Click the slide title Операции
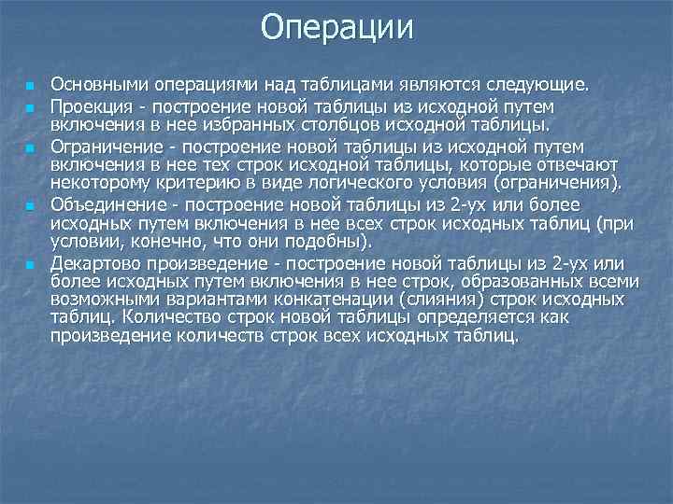pyautogui.click(x=336, y=27)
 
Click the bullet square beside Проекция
pyautogui.click(x=30, y=106)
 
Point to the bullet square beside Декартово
pyautogui.click(x=30, y=264)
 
